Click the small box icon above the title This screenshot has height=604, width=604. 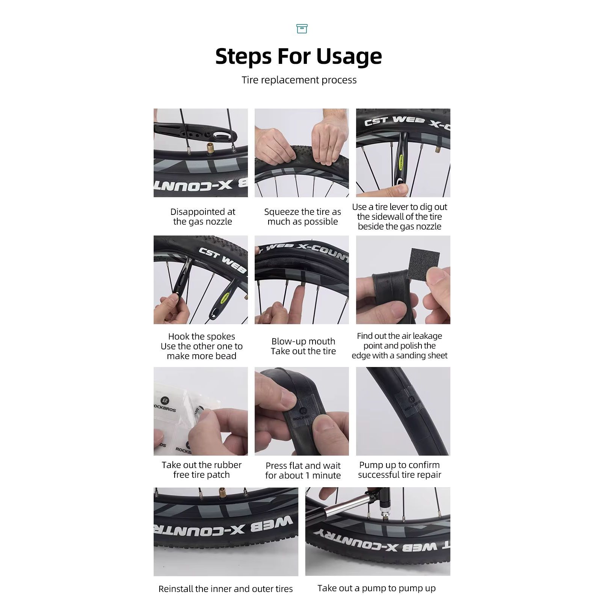coord(302,29)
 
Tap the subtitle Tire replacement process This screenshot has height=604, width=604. coord(299,80)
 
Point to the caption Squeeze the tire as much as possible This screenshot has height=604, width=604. coord(302,217)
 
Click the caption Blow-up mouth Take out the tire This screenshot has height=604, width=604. coord(303,346)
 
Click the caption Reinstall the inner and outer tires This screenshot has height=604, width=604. coord(225,589)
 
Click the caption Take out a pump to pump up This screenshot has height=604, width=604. coord(376,588)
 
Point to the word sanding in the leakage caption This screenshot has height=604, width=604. coord(408,355)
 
